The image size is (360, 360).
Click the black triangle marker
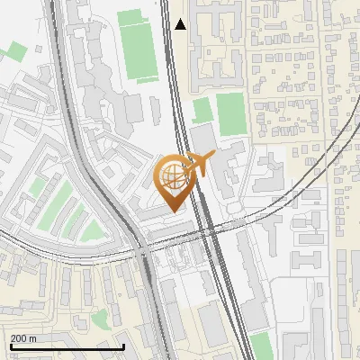[181, 24]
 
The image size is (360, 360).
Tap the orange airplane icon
[201, 165]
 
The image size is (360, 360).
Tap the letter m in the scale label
[33, 338]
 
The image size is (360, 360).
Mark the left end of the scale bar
[10, 346]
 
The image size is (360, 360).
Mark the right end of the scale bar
[123, 346]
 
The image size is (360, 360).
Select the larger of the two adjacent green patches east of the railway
[231, 113]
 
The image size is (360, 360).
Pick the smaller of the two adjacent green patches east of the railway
[203, 111]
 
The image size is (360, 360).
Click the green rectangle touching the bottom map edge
[261, 346]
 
